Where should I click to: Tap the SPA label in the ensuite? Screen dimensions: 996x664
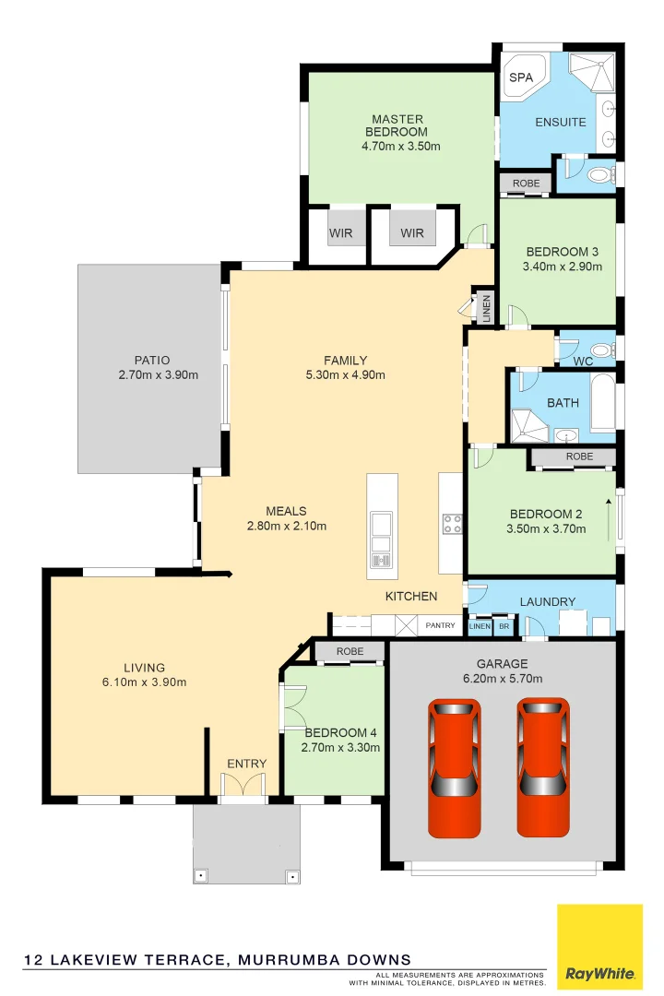(521, 77)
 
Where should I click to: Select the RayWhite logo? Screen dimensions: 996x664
(599, 947)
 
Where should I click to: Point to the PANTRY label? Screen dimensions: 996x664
(440, 626)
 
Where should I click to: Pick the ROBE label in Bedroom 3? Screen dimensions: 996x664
(526, 184)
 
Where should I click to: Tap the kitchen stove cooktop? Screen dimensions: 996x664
(452, 524)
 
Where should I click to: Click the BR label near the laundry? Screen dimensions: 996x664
(504, 627)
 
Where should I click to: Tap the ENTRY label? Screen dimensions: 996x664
(246, 764)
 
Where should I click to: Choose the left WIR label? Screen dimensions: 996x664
(341, 233)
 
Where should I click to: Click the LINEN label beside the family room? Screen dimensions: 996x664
(486, 308)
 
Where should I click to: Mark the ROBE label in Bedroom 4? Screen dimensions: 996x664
(350, 652)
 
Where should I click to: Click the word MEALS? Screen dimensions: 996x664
(286, 511)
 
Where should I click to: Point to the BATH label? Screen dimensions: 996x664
(563, 403)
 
